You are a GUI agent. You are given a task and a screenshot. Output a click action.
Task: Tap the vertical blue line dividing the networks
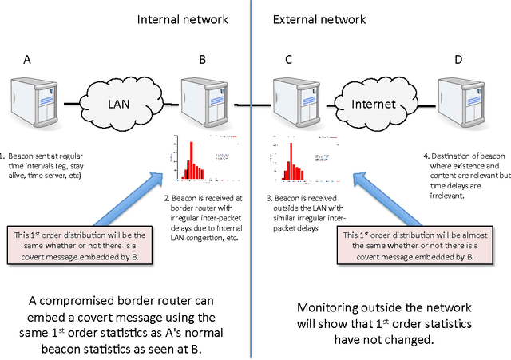[x=252, y=239]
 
